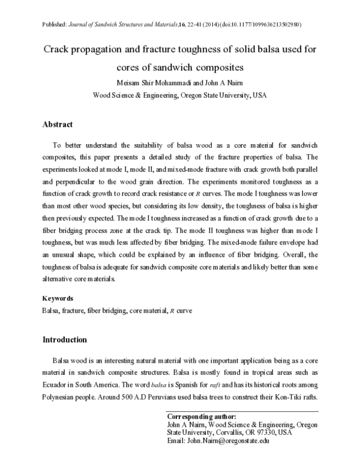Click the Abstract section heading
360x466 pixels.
(x=58, y=124)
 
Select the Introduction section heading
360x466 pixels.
(x=64, y=339)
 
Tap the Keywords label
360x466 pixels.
(x=58, y=298)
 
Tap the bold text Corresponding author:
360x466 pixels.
(x=201, y=416)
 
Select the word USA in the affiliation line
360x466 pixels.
(x=259, y=95)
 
